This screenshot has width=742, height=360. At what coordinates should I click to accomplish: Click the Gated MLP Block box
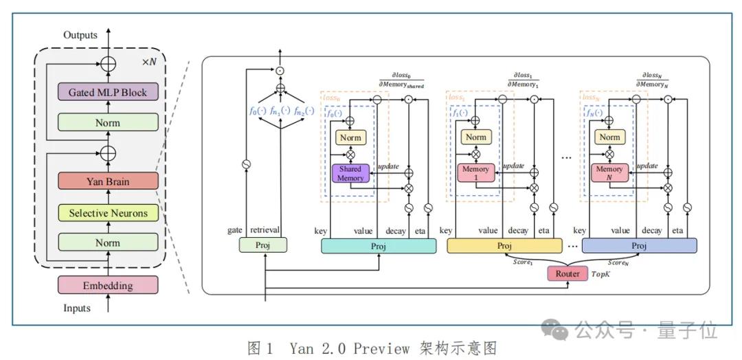click(x=107, y=92)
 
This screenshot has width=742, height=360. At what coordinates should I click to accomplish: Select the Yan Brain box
click(x=107, y=182)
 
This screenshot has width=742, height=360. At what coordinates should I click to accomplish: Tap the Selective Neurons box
click(x=107, y=213)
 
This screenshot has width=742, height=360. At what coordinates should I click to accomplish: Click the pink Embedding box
click(x=107, y=285)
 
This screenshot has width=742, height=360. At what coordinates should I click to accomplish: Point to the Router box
click(x=567, y=273)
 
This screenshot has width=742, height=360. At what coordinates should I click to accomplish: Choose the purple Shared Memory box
click(x=350, y=173)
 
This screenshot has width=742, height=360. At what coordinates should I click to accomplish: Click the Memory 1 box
click(x=475, y=173)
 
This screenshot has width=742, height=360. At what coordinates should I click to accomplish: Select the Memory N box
click(x=609, y=173)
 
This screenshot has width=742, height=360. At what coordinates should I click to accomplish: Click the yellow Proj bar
click(x=503, y=246)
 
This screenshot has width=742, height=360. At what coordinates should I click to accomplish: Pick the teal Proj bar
click(x=378, y=246)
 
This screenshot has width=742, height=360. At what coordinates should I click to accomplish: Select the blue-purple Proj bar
click(x=639, y=246)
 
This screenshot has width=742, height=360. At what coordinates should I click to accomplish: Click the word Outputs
click(x=80, y=35)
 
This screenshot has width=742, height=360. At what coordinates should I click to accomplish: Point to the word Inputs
click(x=76, y=308)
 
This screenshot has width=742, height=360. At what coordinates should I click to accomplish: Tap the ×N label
click(x=149, y=61)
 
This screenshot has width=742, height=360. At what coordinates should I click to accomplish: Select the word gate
click(x=235, y=231)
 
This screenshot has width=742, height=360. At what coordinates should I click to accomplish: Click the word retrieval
click(x=265, y=231)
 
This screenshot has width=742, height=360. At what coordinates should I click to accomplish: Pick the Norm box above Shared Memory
click(x=350, y=137)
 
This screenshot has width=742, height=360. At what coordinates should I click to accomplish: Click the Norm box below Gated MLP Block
click(x=107, y=122)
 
